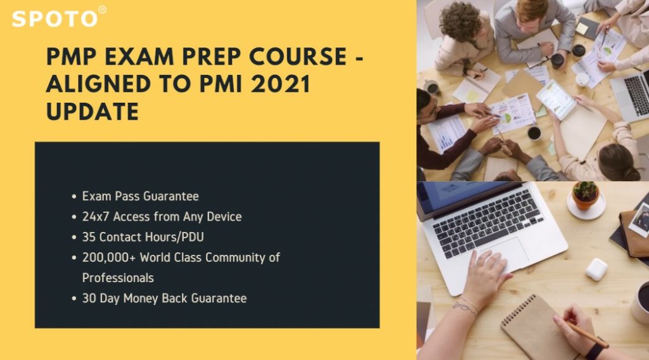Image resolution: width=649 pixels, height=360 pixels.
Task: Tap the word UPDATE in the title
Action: pyautogui.click(x=93, y=112)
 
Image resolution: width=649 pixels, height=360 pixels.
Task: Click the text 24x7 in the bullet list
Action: pyautogui.click(x=96, y=216)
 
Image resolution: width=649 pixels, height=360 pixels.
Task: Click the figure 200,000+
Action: pyautogui.click(x=109, y=257)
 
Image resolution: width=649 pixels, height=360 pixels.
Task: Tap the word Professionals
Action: pyautogui.click(x=118, y=278)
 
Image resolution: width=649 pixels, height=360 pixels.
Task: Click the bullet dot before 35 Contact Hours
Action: pyautogui.click(x=74, y=238)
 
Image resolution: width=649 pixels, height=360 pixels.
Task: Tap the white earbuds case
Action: pyautogui.click(x=596, y=269)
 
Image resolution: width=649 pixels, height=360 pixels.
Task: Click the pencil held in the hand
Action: pyautogui.click(x=585, y=333)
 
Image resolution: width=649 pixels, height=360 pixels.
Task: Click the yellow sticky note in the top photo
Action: pyautogui.click(x=582, y=28)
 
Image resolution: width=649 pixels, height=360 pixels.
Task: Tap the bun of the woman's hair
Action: pyautogui.click(x=631, y=174)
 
